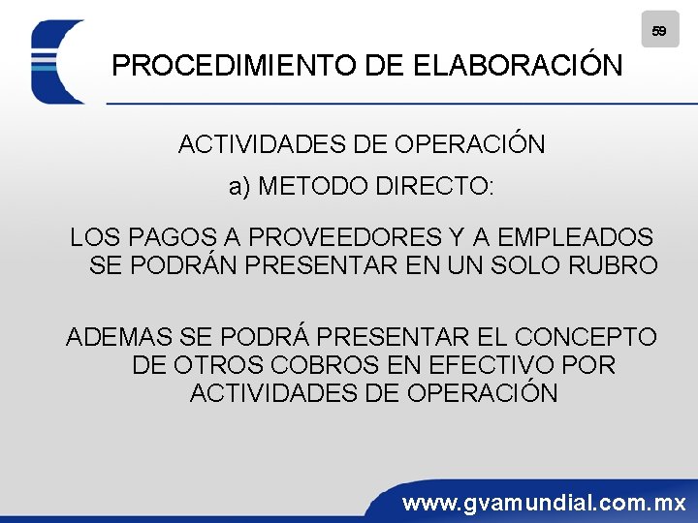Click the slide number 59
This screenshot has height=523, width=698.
(x=659, y=31)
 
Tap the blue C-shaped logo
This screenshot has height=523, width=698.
(x=53, y=62)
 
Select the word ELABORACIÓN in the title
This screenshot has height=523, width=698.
(x=518, y=66)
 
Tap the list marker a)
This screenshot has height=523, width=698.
(x=240, y=186)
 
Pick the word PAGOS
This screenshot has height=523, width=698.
(x=171, y=236)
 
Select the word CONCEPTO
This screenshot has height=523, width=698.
(x=586, y=337)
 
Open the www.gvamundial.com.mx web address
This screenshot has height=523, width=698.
(x=544, y=503)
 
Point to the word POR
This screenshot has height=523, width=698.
(x=588, y=365)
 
